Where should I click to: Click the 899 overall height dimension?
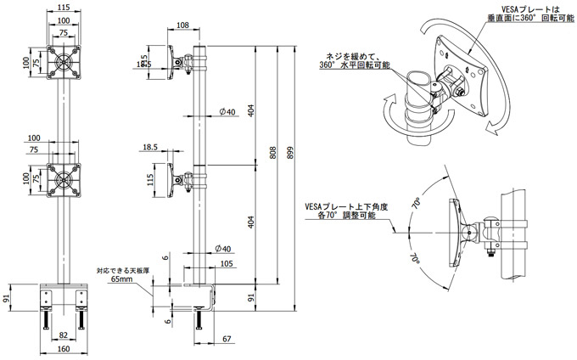click(291, 153)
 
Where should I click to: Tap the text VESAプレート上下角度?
click(345, 206)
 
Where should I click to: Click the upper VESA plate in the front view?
click(64, 62)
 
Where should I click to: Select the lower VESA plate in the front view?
click(64, 179)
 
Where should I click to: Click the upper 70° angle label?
click(417, 204)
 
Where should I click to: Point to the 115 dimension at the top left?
click(64, 8)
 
